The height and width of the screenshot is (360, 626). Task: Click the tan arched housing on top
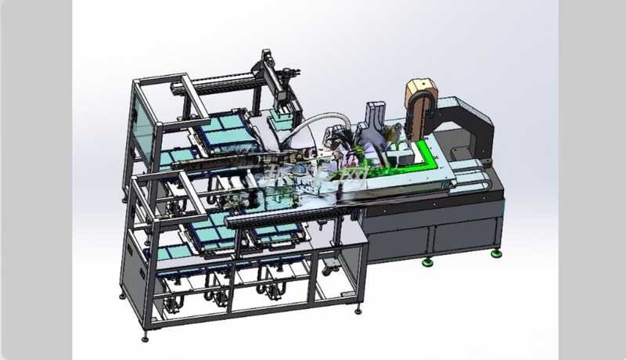(421, 95)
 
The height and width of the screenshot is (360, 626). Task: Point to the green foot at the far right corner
(496, 253)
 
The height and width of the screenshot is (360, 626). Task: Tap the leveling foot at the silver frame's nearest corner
(145, 337)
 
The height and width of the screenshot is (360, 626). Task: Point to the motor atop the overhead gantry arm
(265, 59)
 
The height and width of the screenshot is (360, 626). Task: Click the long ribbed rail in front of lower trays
(290, 210)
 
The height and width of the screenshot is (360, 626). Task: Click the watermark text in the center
(313, 174)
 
